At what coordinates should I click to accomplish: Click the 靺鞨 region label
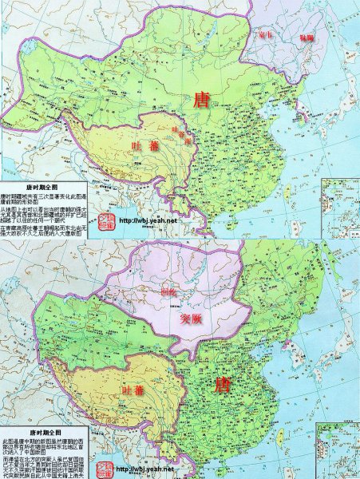pyautogui.click(x=307, y=38)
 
